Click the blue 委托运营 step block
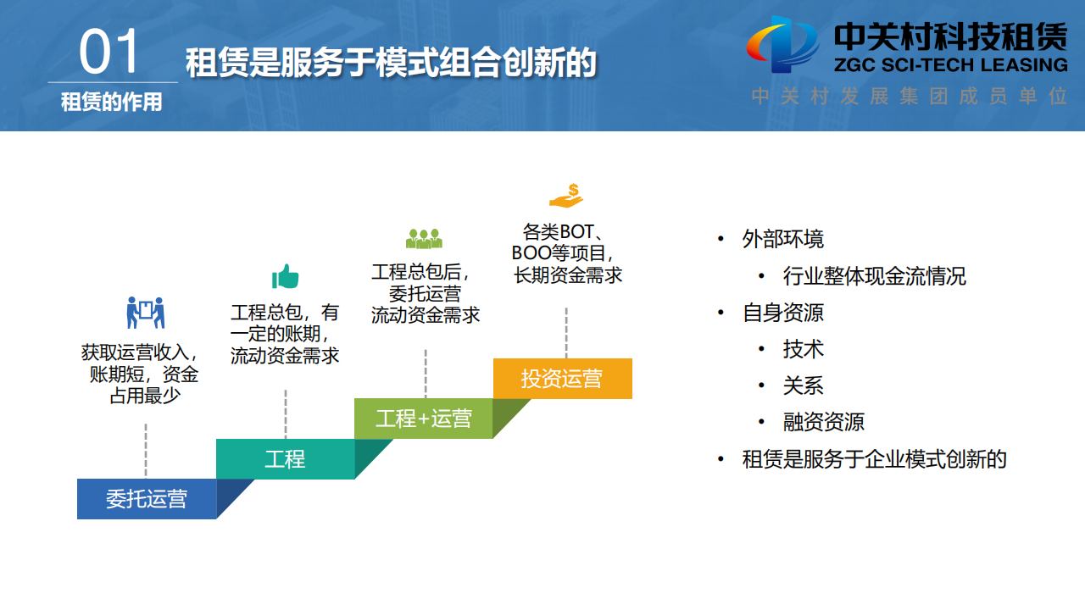coord(147,499)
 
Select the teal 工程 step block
coord(286,459)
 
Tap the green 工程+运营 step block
coord(423,419)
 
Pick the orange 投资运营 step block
coord(562,379)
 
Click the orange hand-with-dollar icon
coord(566,196)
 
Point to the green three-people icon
coord(424,239)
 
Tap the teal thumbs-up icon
coord(286,276)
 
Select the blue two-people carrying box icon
coord(145,313)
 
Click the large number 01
coord(108,52)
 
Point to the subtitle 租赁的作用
coord(111,103)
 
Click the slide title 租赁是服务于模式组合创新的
coord(391,63)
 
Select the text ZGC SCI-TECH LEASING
coord(951,65)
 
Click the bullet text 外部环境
coord(782,239)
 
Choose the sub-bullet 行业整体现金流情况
coord(874,276)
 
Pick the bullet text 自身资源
coord(782,313)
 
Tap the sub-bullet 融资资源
coord(823,422)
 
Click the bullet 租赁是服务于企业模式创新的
coord(874,459)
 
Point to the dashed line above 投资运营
coord(566,333)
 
